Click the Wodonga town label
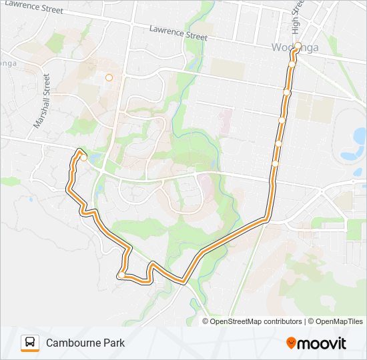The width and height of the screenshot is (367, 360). (295, 47)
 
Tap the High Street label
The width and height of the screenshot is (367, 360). (297, 15)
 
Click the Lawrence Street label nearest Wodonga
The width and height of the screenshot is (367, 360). (178, 31)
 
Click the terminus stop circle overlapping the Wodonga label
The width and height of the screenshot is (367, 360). (298, 46)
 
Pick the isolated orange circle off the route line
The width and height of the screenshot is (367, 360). (109, 77)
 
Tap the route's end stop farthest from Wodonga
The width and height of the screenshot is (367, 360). (84, 157)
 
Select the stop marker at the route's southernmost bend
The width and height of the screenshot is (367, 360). (120, 275)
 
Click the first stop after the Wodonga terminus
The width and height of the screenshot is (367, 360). (292, 64)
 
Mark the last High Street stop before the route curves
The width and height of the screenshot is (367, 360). (275, 163)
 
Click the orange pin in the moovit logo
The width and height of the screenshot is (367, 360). (291, 343)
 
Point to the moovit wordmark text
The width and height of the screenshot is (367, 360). (322, 343)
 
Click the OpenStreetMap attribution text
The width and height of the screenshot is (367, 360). (233, 321)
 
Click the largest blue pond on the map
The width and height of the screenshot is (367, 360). (350, 155)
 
